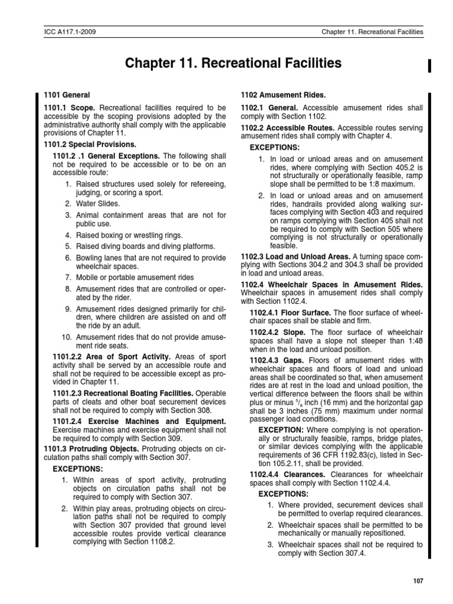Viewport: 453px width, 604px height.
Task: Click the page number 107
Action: tap(418, 582)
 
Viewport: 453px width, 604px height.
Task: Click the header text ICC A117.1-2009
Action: tap(69, 32)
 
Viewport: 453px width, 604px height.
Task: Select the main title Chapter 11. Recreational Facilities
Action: tap(233, 63)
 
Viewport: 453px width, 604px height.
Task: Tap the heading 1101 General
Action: tap(65, 95)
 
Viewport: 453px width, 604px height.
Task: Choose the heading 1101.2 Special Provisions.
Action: tap(90, 145)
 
